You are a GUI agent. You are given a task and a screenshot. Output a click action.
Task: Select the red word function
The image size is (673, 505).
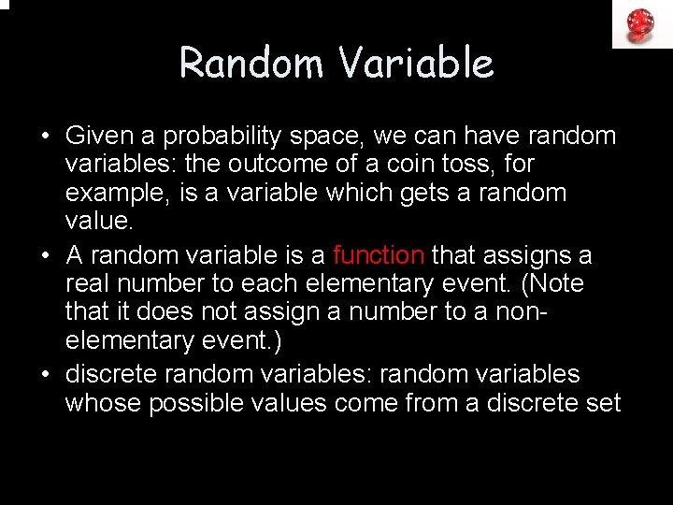(x=379, y=255)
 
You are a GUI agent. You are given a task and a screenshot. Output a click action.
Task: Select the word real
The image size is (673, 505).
(x=87, y=283)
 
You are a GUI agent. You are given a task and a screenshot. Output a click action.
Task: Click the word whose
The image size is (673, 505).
(x=101, y=403)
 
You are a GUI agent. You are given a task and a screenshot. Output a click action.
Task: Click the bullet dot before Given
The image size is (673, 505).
(x=46, y=137)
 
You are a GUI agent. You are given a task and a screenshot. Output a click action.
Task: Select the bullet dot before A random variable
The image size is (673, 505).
(x=46, y=256)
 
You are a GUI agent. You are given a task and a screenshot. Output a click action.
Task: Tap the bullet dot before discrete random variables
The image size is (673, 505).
(x=46, y=375)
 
